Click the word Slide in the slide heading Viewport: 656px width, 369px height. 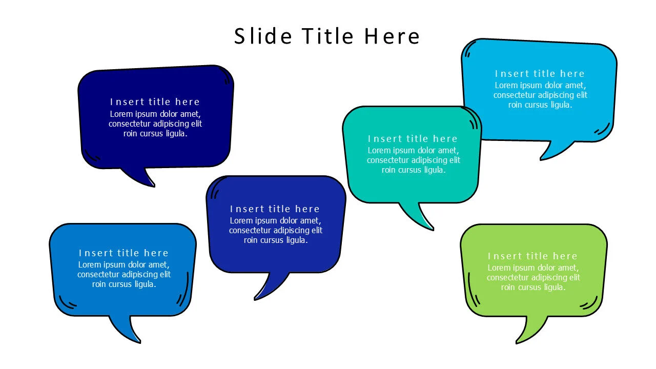point(263,36)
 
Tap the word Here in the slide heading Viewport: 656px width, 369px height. point(392,36)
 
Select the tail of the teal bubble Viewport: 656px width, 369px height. point(417,215)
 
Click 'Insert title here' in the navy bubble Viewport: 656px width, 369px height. point(155,102)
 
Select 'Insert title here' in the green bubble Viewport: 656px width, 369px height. point(532,256)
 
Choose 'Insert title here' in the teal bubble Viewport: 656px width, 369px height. point(413,139)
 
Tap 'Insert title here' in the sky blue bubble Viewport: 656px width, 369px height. point(540,74)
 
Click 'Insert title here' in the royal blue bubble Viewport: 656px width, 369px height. point(275,209)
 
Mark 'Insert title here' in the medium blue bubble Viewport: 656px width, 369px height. point(124,253)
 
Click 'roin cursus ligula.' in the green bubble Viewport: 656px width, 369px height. point(533,288)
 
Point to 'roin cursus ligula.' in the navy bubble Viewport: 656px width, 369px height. point(155,134)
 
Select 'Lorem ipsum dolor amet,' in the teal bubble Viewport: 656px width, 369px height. point(413,151)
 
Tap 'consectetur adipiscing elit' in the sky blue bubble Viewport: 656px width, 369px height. point(540,95)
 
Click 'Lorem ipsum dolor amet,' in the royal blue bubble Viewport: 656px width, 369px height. point(275,221)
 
